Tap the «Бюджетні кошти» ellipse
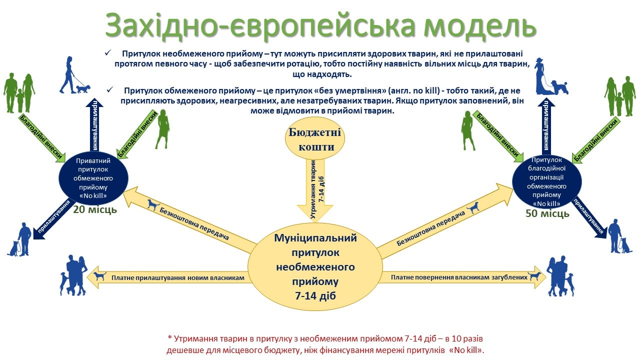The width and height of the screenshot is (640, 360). click(x=315, y=138)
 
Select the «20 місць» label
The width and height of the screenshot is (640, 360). click(x=95, y=209)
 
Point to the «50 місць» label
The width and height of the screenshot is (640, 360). click(x=547, y=213)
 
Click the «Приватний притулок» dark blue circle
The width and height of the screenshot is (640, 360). click(x=93, y=178)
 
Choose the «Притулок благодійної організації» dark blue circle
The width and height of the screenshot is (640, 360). click(x=547, y=181)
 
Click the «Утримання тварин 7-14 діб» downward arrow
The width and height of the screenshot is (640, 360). click(x=315, y=190)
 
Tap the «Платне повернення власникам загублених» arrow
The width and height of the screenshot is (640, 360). click(x=463, y=277)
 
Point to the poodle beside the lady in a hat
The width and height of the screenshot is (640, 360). click(x=560, y=87)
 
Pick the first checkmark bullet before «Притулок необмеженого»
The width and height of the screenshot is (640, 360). click(x=108, y=52)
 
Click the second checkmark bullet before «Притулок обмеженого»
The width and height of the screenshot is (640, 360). click(x=110, y=89)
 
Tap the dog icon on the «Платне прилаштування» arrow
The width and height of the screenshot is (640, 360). click(x=100, y=275)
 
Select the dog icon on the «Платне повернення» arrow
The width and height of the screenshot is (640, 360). click(x=534, y=275)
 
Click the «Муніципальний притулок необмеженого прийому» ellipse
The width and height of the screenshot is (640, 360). click(x=315, y=266)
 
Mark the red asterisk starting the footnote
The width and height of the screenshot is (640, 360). click(x=169, y=338)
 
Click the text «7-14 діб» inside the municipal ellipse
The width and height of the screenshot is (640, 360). click(x=315, y=296)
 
